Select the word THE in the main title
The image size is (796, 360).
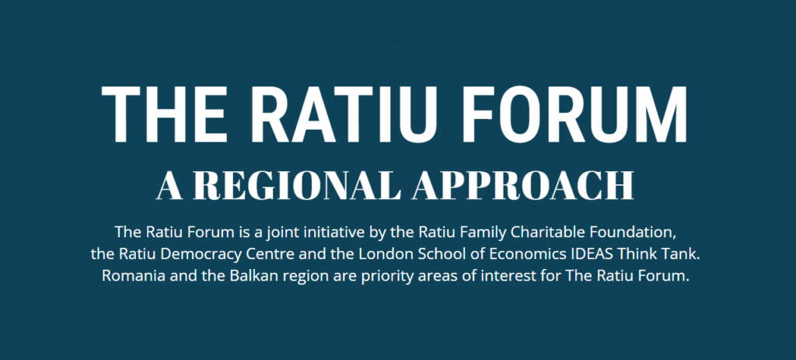pos(163,114)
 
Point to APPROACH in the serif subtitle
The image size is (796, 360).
pos(523,185)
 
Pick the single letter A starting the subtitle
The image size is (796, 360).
pos(169,186)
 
